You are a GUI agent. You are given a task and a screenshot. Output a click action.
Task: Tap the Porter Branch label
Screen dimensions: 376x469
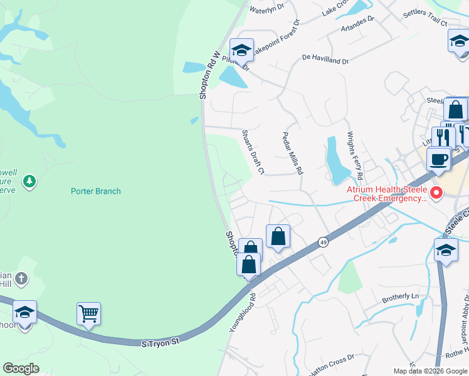95,191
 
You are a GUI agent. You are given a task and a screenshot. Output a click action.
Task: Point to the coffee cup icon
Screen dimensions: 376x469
439,159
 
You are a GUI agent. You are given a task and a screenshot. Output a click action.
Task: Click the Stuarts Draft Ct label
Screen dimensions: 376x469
253,152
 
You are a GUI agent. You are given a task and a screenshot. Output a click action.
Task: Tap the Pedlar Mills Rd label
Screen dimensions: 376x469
293,153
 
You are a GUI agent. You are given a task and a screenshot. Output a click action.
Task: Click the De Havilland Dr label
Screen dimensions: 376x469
325,60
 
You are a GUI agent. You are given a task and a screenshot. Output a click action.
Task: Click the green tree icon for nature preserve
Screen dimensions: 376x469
28,182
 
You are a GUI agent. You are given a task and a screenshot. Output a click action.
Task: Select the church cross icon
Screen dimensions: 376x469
21,278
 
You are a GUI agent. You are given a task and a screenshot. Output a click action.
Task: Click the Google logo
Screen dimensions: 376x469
21,368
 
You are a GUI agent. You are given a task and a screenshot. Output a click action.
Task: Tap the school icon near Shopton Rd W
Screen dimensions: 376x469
241,50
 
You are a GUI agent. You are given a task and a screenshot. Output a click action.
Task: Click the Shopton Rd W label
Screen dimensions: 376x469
211,75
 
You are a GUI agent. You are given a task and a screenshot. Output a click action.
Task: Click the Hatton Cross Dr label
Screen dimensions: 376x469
332,358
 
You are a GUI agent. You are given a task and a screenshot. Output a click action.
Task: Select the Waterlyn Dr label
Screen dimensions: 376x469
267,9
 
